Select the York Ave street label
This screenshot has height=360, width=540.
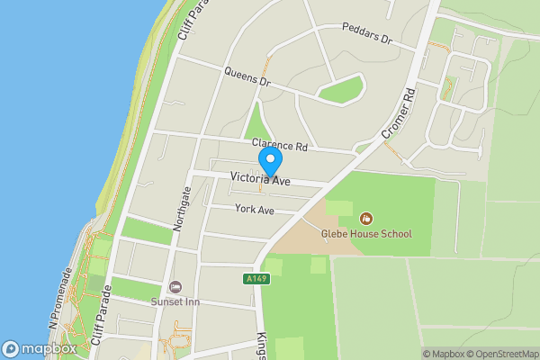(x=254, y=209)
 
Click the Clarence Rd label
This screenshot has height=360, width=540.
(x=279, y=145)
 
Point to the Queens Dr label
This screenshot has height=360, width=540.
(x=247, y=78)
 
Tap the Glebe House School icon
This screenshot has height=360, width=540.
(x=366, y=218)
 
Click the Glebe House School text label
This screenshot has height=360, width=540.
(x=366, y=233)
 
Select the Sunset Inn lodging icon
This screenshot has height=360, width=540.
(x=175, y=285)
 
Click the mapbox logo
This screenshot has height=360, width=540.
(x=40, y=348)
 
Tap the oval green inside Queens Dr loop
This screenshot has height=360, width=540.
(x=341, y=89)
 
